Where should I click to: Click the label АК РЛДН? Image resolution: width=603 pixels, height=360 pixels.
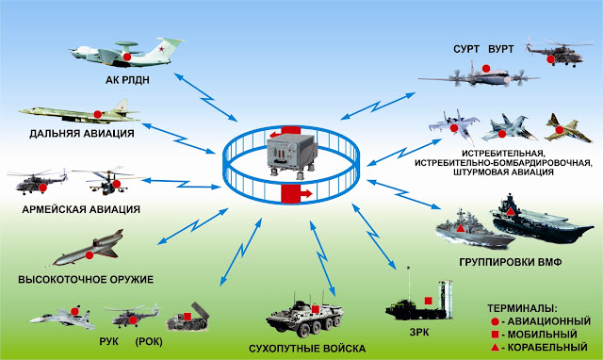pos(127,80)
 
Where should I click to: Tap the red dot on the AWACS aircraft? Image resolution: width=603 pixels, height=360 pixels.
pos(127,57)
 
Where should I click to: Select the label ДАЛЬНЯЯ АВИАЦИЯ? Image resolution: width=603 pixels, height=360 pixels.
pos(82,134)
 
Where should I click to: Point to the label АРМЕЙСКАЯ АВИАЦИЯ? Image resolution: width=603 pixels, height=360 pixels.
pos(81,209)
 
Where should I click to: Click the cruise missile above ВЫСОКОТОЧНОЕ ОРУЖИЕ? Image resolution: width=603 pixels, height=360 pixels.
pos(88,248)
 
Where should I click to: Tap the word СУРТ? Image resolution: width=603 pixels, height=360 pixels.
pos(466,49)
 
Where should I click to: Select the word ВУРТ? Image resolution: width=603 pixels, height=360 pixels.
pos(501,49)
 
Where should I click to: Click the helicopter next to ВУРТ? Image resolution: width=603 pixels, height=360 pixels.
pos(554,53)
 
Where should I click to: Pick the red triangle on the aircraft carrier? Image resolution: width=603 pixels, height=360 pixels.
pos(511,211)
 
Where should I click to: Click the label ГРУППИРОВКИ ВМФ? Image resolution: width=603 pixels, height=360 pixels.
pos(511,262)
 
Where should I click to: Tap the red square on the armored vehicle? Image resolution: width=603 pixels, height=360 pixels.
pos(316,309)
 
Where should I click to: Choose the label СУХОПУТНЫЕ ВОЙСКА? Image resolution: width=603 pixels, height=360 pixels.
pos(307,349)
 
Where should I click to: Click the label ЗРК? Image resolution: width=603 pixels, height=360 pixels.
pos(419,332)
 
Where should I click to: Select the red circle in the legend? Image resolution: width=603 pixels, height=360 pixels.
pos(495,322)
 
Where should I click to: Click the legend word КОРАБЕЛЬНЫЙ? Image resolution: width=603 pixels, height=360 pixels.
pos(547,348)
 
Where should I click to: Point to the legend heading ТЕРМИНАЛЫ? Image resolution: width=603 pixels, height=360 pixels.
pos(522,308)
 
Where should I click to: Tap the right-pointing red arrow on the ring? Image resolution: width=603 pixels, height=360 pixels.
pos(297,193)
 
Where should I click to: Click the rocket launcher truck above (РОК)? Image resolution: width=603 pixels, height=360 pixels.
pos(188,317)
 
